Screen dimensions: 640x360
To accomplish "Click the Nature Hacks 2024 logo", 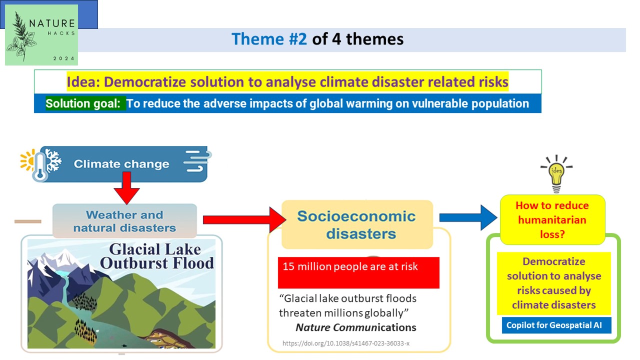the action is point(41,35).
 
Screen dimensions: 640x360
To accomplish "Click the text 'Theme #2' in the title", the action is point(269,39).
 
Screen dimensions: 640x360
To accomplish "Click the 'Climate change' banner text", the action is point(121,164).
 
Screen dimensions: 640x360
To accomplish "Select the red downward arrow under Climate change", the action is point(126,187).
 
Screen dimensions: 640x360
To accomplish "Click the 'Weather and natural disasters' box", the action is point(124,221).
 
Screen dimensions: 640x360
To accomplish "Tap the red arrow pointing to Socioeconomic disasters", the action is point(244,219).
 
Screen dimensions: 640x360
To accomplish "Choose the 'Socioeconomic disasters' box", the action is point(357,224).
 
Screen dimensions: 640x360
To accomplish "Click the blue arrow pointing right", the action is point(468,217).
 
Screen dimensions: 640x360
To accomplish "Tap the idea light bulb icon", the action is point(556,173).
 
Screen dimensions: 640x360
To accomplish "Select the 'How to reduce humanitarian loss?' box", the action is point(552,219).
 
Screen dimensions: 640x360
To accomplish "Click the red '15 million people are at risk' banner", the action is point(358,272).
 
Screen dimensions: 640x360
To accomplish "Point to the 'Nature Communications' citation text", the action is point(355,327).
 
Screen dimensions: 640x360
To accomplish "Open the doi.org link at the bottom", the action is point(346,343).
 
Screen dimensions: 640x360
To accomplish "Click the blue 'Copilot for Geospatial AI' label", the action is point(556,325).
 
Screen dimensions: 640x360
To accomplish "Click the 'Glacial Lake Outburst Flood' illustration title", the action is point(157,256).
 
